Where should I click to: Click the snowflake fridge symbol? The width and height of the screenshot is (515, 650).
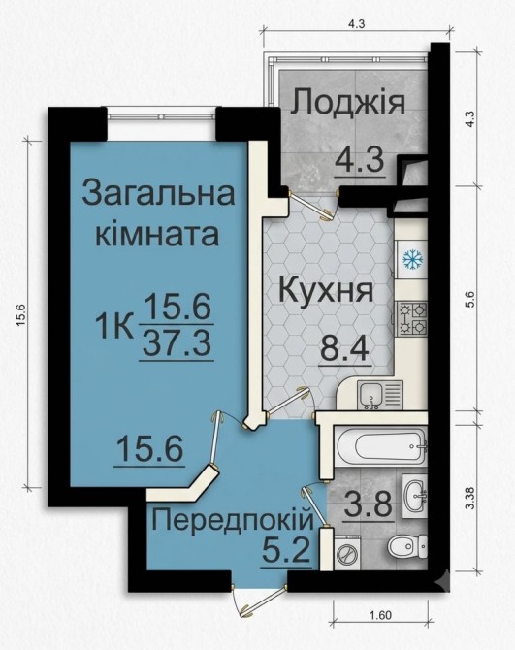coord(412,259)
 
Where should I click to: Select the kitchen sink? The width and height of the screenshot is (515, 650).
coord(379,396)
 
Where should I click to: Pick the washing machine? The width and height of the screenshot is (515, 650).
coord(347,552)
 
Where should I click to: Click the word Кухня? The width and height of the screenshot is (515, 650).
coord(326,291)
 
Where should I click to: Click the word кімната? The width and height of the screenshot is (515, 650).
coord(157,234)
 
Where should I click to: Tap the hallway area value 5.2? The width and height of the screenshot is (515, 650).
coord(287,550)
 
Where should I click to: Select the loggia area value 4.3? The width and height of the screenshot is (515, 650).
coord(360,160)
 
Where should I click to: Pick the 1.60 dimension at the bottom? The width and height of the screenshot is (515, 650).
coord(381,615)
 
